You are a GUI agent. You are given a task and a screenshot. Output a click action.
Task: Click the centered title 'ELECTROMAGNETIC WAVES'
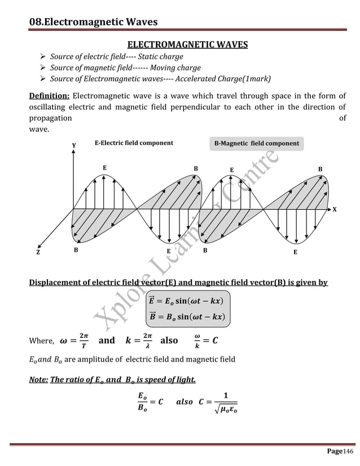tap(187, 44)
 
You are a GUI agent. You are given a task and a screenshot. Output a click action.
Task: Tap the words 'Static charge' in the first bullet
tap(159, 57)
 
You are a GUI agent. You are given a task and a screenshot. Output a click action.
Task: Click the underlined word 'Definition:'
tap(49, 96)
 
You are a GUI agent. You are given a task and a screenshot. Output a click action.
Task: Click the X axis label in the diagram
tap(334, 209)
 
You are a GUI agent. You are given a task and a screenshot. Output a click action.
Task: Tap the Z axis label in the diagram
tap(38, 253)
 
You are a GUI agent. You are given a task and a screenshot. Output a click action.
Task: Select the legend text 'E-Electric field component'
tap(133, 143)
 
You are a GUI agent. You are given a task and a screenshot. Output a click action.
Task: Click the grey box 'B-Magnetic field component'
tap(257, 143)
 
